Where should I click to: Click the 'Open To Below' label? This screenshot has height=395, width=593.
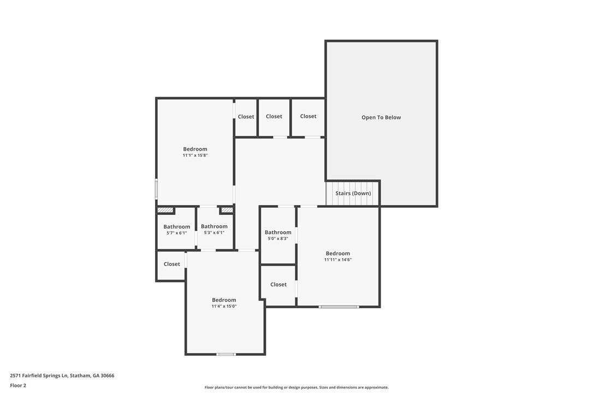381,117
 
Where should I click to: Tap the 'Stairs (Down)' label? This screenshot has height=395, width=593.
353,193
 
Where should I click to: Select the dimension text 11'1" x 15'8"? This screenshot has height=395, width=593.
195,155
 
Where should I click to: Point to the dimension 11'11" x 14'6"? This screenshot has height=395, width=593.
337,260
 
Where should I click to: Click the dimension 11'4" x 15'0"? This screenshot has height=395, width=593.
224,306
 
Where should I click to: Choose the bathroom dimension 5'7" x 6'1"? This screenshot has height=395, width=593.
176,233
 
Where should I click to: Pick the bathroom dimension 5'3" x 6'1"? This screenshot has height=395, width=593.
214,232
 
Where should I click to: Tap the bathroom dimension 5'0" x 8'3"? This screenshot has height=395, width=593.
278,238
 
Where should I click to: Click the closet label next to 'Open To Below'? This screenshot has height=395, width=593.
308,116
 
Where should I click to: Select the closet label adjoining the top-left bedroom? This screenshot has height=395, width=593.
246,116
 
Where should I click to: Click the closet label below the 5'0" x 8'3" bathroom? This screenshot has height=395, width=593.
278,284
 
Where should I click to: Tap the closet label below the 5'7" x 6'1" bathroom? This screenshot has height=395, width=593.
171,264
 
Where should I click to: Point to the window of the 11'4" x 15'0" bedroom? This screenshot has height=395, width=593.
226,354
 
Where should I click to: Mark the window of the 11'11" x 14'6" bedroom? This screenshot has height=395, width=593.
339,307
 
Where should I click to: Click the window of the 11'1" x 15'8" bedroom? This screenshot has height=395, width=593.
156,189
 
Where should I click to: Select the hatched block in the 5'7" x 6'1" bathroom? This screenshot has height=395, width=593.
165,210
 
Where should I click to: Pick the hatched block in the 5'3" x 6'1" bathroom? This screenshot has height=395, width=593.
227,210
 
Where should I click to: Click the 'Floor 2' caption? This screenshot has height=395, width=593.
18,386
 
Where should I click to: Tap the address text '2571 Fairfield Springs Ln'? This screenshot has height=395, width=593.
39,376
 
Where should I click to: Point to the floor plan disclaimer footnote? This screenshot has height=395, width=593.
296,387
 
